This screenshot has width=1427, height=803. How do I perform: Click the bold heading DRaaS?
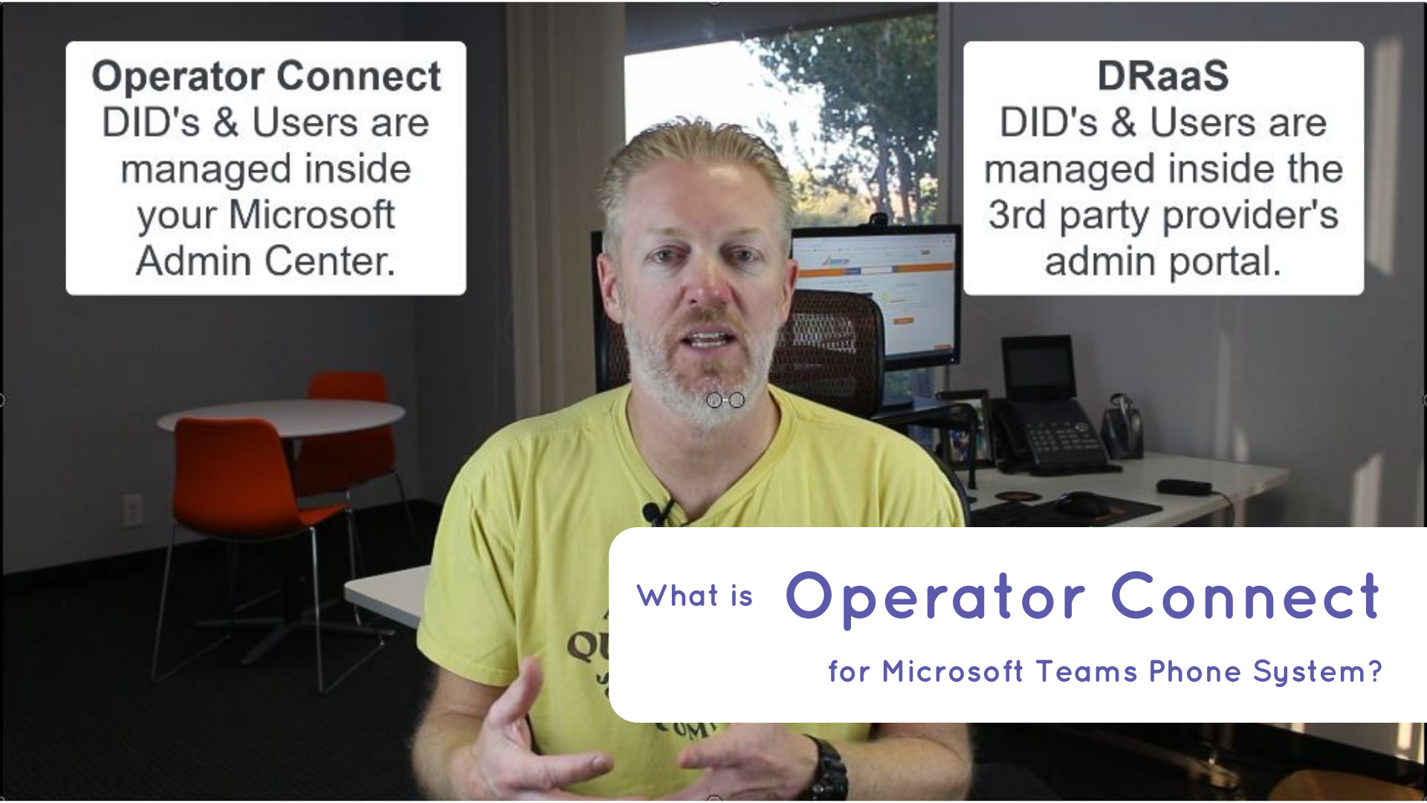(x=1163, y=76)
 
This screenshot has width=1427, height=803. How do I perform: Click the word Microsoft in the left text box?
(x=311, y=215)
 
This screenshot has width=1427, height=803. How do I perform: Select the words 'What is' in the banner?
(x=695, y=596)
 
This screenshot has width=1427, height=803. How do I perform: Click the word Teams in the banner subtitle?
(x=1086, y=671)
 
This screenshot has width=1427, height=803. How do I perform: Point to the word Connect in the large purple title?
(x=1246, y=596)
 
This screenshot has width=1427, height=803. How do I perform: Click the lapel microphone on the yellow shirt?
(x=653, y=512)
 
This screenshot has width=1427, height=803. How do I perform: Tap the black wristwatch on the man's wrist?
(x=829, y=770)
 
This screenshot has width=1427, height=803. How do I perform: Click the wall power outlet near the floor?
(x=133, y=510)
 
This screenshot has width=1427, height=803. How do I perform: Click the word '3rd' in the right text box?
(x=1017, y=215)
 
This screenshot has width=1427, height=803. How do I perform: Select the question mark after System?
(x=1374, y=671)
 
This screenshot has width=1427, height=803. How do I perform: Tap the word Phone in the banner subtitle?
(x=1194, y=671)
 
